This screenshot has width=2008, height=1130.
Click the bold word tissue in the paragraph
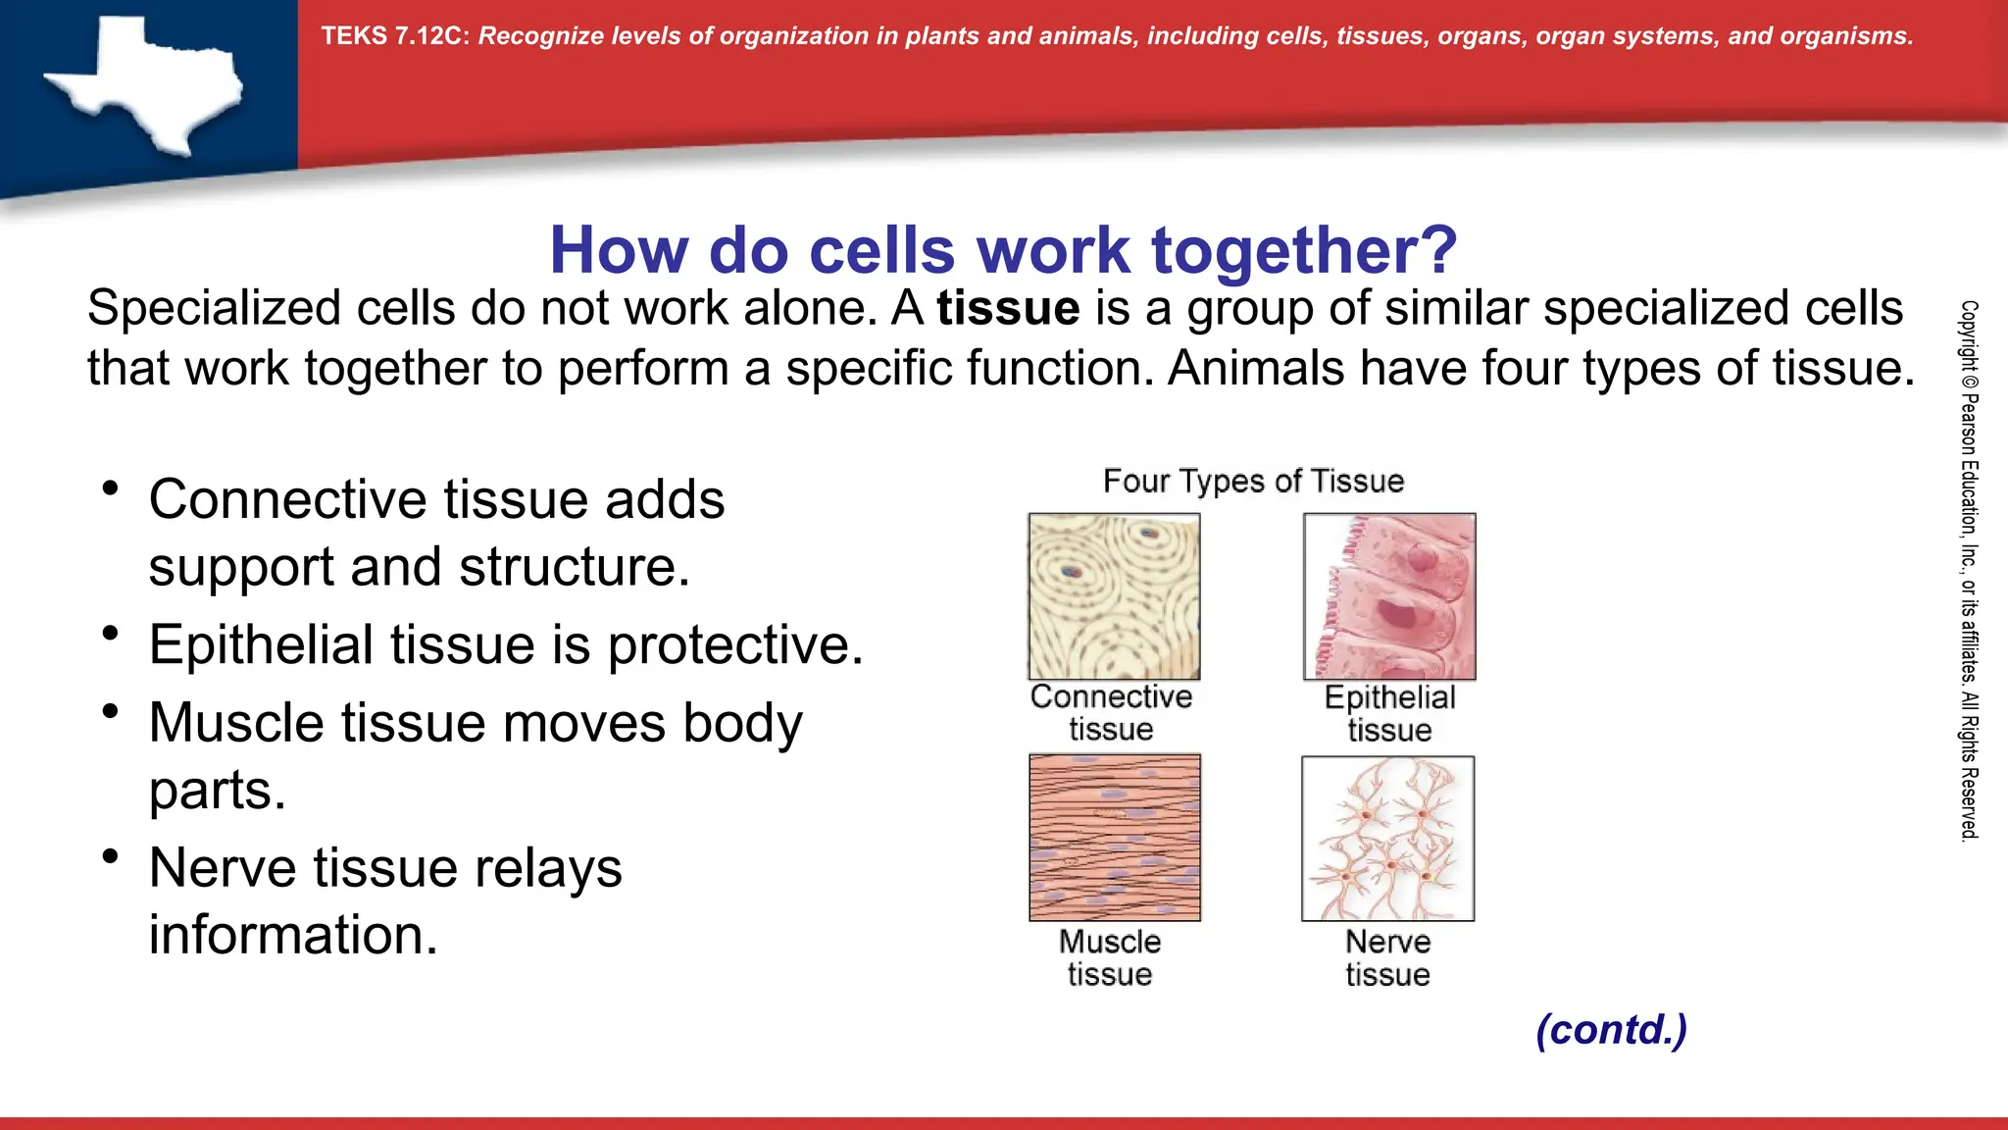coord(1008,308)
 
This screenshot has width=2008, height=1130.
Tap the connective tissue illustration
coord(1114,596)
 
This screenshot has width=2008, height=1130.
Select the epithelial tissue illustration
coord(1389,596)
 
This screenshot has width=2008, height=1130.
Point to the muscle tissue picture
coord(1114,838)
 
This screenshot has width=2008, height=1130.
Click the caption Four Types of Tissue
coord(1253,481)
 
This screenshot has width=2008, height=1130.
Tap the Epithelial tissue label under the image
coord(1389,713)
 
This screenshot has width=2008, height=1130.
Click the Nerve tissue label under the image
coord(1387,957)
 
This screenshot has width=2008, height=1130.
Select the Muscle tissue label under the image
coord(1110,957)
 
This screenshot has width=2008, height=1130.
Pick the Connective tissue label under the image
coord(1111,712)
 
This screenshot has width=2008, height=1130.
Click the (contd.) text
coord(1611,1029)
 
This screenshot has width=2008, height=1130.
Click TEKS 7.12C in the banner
coord(395,36)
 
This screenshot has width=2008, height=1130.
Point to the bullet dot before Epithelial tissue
coord(111,634)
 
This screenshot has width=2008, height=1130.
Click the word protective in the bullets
coord(735,645)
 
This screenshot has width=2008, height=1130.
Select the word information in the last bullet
coord(292,934)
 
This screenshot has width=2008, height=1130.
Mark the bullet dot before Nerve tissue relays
coord(111,856)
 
